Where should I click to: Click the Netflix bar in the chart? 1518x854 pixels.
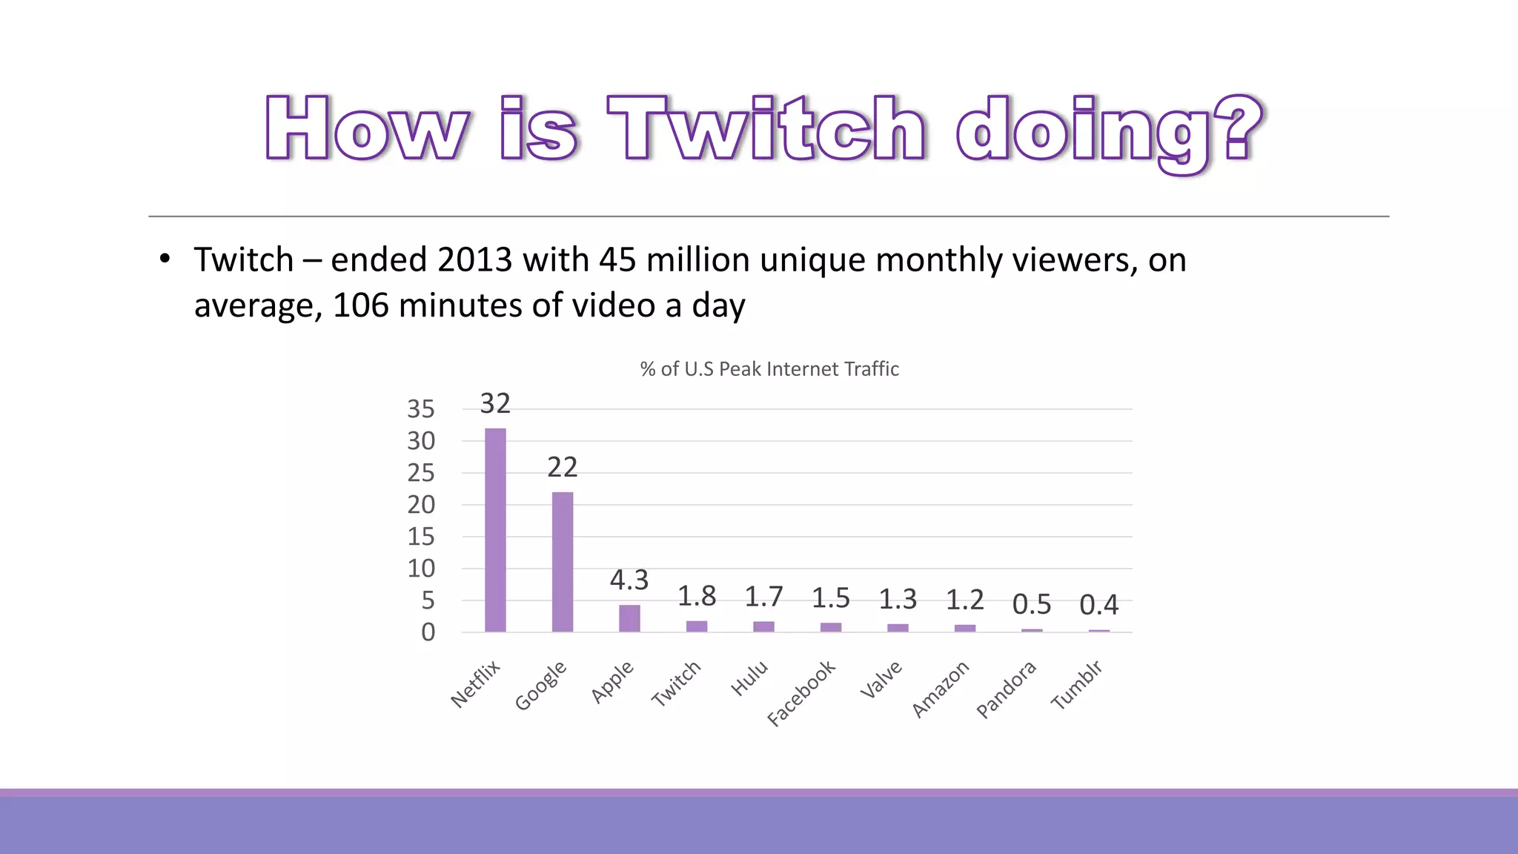(x=495, y=530)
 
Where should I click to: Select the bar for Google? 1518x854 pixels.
(x=563, y=562)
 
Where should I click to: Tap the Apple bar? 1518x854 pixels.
(x=629, y=618)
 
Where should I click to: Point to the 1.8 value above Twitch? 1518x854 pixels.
(x=697, y=596)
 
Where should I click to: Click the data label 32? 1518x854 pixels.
(x=495, y=404)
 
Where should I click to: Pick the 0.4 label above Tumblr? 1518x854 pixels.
(x=1098, y=605)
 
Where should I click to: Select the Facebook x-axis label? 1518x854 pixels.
(x=801, y=692)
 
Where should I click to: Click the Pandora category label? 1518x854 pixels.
(x=1006, y=689)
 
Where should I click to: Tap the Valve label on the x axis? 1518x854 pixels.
(x=881, y=680)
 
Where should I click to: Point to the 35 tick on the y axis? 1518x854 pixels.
(x=421, y=409)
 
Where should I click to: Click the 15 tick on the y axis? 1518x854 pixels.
(x=421, y=537)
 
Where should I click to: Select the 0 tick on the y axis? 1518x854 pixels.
(x=428, y=632)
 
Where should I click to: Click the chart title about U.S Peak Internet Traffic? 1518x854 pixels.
(x=769, y=369)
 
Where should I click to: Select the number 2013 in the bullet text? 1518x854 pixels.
(x=474, y=260)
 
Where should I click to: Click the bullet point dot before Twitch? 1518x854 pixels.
(x=165, y=259)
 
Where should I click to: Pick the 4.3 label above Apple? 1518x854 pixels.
(x=629, y=580)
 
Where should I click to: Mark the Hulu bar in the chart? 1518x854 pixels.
(x=763, y=626)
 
